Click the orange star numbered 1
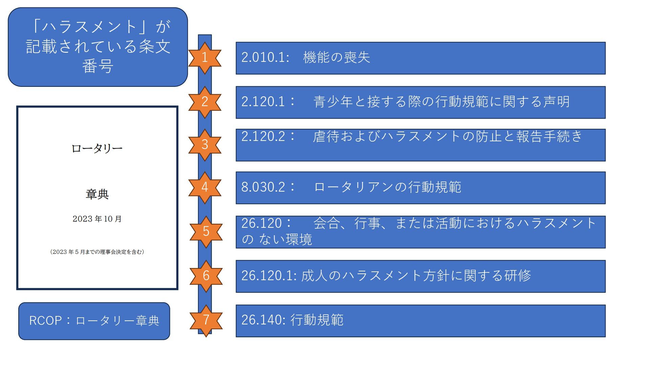[x=204, y=58]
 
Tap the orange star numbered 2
[x=204, y=102]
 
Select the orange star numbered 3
[x=204, y=145]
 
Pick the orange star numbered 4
[x=204, y=187]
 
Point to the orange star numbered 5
[x=206, y=232]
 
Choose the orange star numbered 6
[x=206, y=276]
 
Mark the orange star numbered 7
[x=206, y=320]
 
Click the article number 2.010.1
[x=265, y=57]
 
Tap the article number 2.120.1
[x=265, y=101]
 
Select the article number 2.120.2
[x=265, y=136]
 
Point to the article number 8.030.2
[x=265, y=187]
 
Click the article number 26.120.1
[x=268, y=276]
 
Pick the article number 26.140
[x=263, y=320]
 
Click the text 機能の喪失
[x=337, y=57]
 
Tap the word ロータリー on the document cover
[x=97, y=148]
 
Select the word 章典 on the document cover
[x=97, y=194]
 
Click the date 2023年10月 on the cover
[x=97, y=219]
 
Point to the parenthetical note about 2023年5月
[x=97, y=252]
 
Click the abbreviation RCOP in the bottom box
[x=45, y=321]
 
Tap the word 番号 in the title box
[x=97, y=66]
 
